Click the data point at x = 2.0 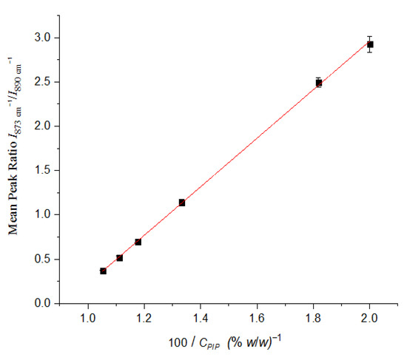click(370, 44)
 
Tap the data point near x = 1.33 click(181, 203)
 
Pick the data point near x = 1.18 click(138, 242)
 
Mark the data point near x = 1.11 click(119, 258)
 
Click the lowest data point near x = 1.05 click(103, 271)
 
